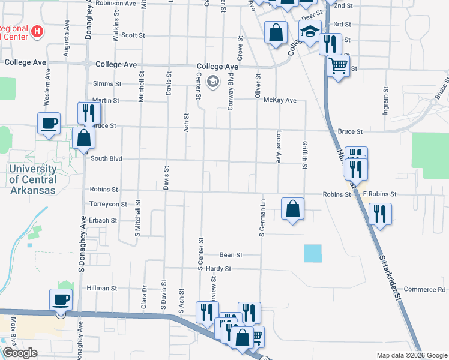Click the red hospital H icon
[x=37, y=31]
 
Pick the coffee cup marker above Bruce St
[x=49, y=124]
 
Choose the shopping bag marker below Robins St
[x=292, y=209]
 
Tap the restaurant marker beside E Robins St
[x=379, y=214]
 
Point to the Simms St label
[x=107, y=85]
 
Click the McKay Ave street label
[x=280, y=100]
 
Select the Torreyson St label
[x=108, y=204]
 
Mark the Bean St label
[x=231, y=255]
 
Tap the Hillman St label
[x=101, y=288]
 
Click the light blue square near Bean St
[x=313, y=253]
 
